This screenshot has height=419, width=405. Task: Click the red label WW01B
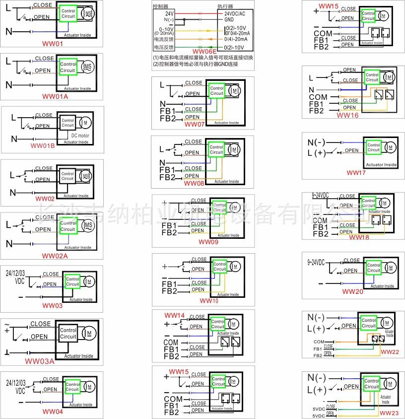[43, 145]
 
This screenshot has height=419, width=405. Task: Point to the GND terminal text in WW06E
[229, 20]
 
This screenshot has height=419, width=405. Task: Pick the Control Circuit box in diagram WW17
[374, 147]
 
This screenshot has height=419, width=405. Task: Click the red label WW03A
[40, 361]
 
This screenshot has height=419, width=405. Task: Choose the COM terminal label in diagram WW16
[318, 97]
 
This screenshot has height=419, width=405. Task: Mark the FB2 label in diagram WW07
[168, 118]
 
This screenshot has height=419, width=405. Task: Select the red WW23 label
[389, 413]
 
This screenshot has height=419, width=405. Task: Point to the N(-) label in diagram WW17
[317, 142]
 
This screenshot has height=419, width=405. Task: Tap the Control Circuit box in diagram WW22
[369, 323]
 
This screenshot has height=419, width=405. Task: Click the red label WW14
[175, 316]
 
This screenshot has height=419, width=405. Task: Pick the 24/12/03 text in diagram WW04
[16, 383]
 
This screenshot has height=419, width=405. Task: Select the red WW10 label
[208, 300]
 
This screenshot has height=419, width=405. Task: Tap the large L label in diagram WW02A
[8, 224]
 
